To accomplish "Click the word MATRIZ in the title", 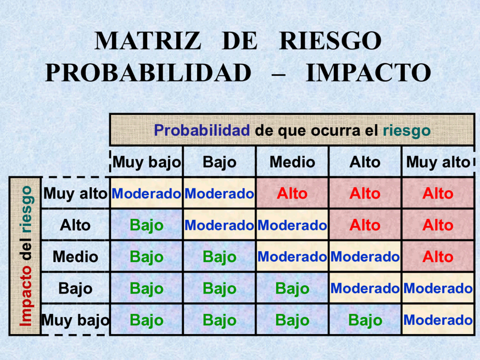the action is (148, 41).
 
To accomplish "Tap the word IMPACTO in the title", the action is (369, 73).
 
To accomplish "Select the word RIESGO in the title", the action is (331, 41).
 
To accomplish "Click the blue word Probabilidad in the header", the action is (202, 131).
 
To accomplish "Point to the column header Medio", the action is (292, 162).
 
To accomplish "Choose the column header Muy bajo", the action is (147, 162).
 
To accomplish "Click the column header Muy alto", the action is (438, 162).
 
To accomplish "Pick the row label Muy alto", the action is (75, 193).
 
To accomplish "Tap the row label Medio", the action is (75, 257).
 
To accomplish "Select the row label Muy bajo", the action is (75, 320).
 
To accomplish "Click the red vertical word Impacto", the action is (26, 296).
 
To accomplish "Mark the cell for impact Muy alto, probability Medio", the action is (292, 193).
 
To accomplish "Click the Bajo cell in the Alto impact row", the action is (147, 225).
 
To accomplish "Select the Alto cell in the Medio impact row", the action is (438, 257).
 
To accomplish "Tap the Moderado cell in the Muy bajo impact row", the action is (438, 320).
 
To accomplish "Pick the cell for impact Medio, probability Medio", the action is (292, 257).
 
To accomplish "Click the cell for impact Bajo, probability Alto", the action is (365, 289).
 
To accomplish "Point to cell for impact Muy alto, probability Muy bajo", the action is (147, 193).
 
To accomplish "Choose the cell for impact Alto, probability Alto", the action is (365, 225).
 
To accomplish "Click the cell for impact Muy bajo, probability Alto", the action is (365, 320).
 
